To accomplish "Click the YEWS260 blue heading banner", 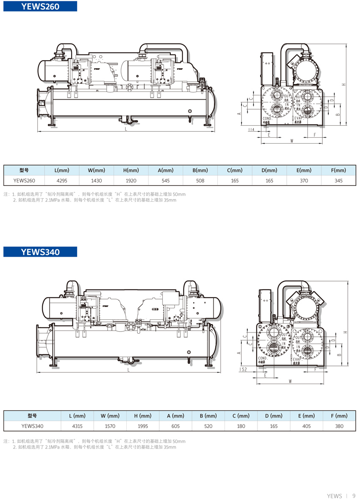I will pyautogui.click(x=40, y=6).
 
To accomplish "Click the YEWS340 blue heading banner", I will pyautogui.click(x=40, y=252).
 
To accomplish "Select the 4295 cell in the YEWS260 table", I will pyautogui.click(x=62, y=180).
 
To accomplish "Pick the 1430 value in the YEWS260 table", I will pyautogui.click(x=97, y=180).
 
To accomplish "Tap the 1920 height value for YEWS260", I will pyautogui.click(x=131, y=180).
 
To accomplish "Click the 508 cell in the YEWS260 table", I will pyautogui.click(x=200, y=180).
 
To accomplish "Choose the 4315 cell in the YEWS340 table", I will pyautogui.click(x=78, y=426).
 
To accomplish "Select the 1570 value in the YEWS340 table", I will pyautogui.click(x=110, y=426).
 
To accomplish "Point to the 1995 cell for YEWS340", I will pyautogui.click(x=143, y=426).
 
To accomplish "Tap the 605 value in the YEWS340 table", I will pyautogui.click(x=175, y=426).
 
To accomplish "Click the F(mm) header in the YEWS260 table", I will pyautogui.click(x=339, y=170).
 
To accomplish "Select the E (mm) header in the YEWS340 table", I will pyautogui.click(x=306, y=416).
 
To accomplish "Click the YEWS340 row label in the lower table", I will pyautogui.click(x=32, y=426).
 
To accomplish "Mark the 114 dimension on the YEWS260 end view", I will pyautogui.click(x=251, y=130).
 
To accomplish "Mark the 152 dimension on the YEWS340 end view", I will pyautogui.click(x=243, y=369).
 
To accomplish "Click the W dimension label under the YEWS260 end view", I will pyautogui.click(x=292, y=141).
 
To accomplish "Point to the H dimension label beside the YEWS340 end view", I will pyautogui.click(x=346, y=332).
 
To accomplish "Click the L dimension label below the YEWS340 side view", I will pyautogui.click(x=128, y=370).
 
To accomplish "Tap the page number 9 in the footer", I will pyautogui.click(x=354, y=495).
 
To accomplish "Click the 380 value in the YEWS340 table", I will pyautogui.click(x=339, y=426).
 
